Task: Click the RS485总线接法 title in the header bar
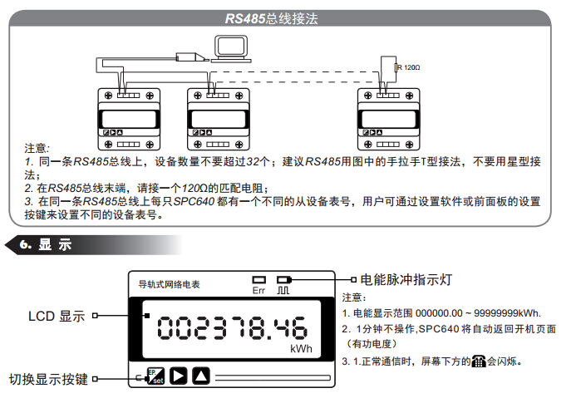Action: click(271, 18)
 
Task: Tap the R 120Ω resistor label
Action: click(409, 67)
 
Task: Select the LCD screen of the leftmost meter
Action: click(129, 119)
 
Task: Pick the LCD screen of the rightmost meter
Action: click(388, 119)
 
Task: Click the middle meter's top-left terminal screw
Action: click(197, 96)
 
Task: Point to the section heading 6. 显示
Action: click(46, 244)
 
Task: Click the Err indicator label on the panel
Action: click(258, 290)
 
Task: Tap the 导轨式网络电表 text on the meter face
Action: click(169, 284)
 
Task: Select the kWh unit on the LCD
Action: click(301, 349)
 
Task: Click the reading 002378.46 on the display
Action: click(232, 328)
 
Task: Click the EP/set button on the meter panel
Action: click(156, 376)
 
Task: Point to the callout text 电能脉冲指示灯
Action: click(406, 279)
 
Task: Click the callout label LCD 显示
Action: click(57, 316)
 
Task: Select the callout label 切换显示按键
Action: click(48, 380)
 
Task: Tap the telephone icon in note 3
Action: click(479, 361)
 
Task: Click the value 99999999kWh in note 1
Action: click(507, 313)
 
